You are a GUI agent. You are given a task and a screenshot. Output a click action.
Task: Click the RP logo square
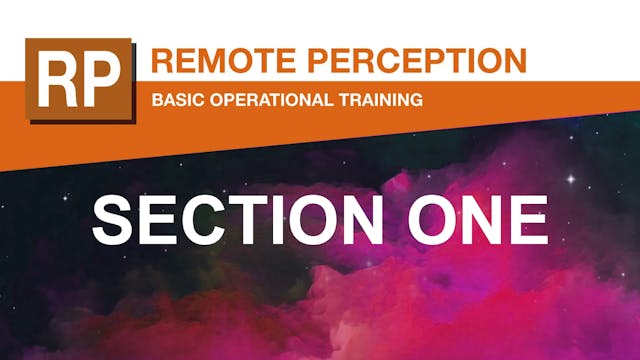[x=79, y=80]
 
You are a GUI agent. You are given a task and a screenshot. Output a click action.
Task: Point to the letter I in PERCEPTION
[x=465, y=60]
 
